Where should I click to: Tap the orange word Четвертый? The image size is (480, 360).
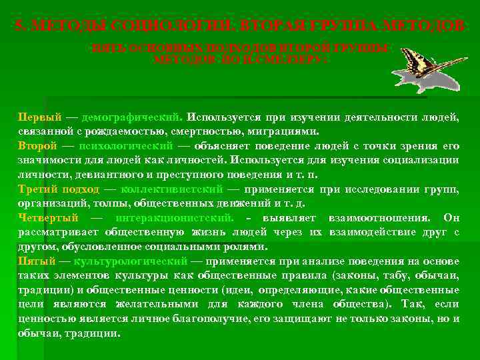[48, 217]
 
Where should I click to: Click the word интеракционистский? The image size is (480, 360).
[174, 217]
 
